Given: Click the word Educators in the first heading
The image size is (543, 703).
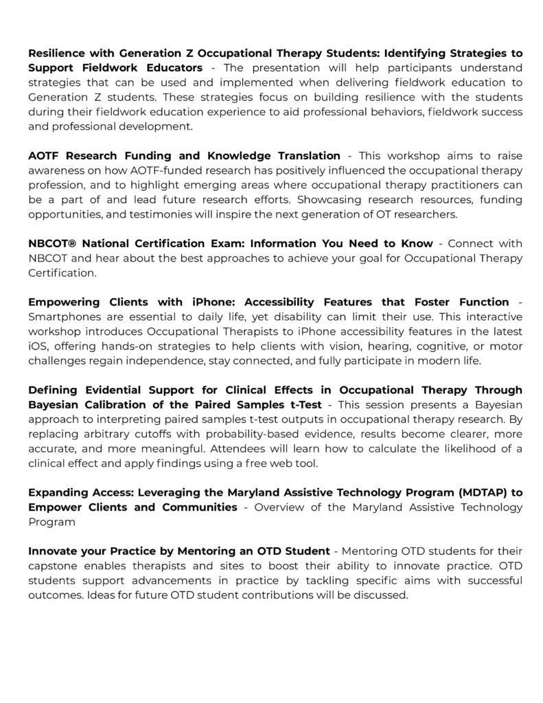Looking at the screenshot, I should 174,67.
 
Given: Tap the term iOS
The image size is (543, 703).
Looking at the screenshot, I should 38,345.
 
